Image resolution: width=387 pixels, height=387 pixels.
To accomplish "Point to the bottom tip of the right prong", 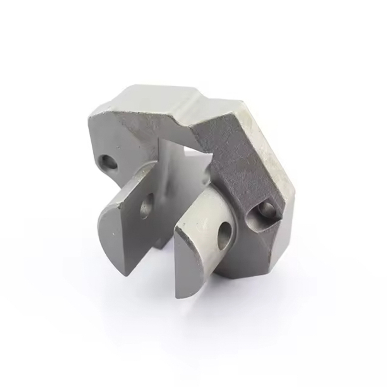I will coord(181,296).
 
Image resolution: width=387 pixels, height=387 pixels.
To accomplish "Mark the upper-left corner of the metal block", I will coord(91,114).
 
